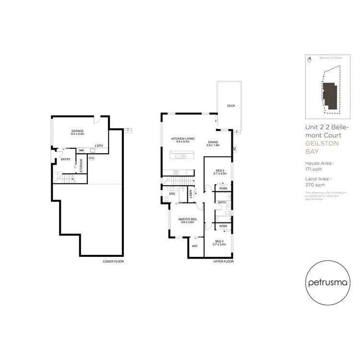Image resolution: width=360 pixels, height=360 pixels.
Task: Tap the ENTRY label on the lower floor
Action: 65,159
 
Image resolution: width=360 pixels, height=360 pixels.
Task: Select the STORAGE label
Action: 81,165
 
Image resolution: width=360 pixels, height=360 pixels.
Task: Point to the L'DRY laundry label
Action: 99,145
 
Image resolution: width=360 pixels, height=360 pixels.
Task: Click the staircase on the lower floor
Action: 63,179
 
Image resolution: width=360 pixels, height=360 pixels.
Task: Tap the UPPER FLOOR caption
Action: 223,262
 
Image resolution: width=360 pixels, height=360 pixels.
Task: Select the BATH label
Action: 222,203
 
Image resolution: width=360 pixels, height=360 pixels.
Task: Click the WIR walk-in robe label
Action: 194,245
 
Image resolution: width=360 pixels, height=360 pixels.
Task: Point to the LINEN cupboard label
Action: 191,194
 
